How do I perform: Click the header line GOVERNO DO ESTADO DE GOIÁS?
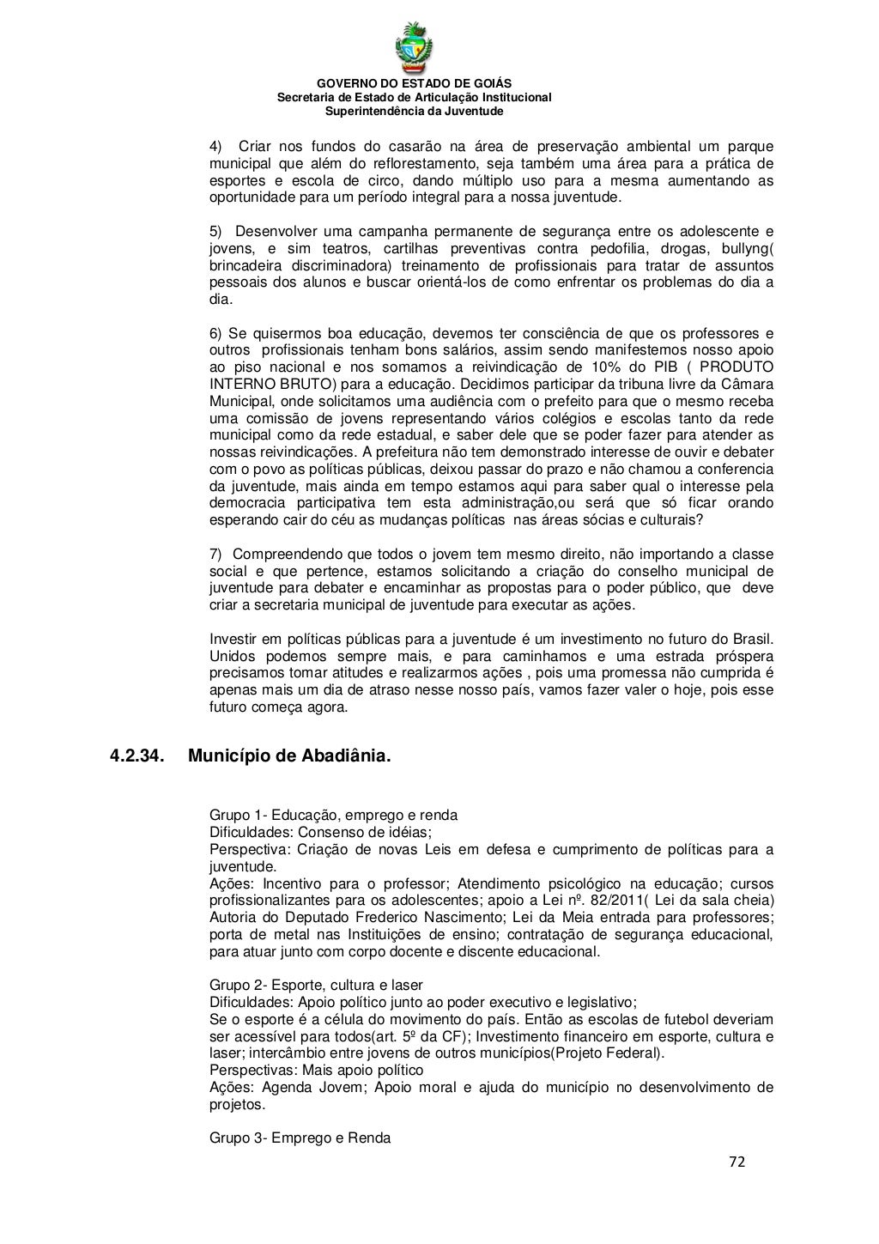tap(414, 83)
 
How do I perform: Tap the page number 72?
tap(737, 1162)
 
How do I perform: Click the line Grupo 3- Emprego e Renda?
tap(300, 1138)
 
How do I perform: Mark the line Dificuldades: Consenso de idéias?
tap(320, 832)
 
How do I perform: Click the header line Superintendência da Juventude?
tap(414, 112)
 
